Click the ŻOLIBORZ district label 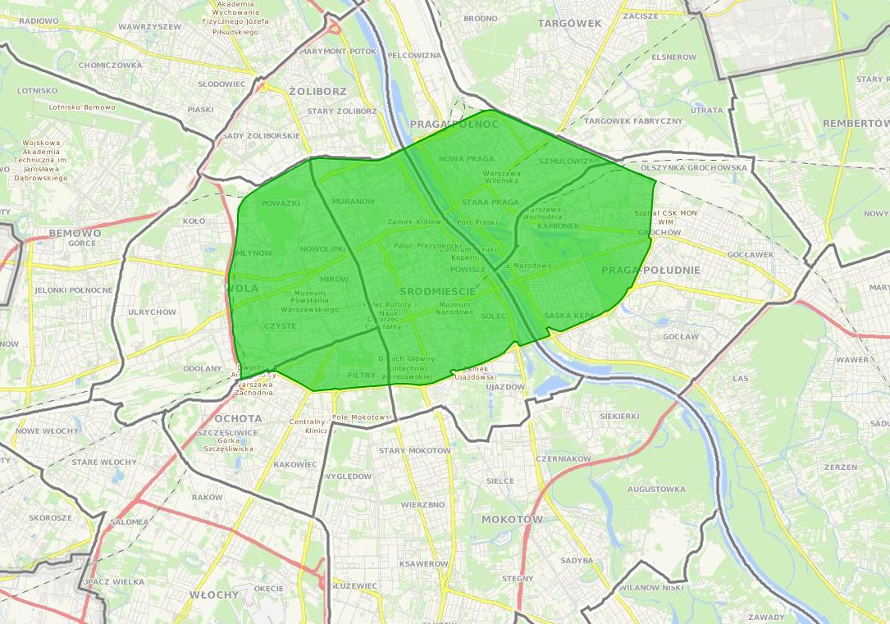(317, 91)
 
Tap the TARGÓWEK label (569, 24)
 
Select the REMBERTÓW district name (856, 123)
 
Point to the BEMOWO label (75, 233)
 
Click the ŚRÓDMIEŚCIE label (438, 291)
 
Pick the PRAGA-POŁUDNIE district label (650, 270)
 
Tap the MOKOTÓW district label (512, 520)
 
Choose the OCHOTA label (238, 418)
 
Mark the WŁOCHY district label (213, 594)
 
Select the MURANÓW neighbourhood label (354, 201)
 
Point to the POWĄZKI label (281, 203)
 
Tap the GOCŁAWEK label (750, 254)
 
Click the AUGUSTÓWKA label (655, 490)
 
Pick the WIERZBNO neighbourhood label (423, 504)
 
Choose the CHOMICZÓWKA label (110, 65)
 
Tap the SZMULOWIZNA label (571, 162)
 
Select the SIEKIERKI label (619, 416)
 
